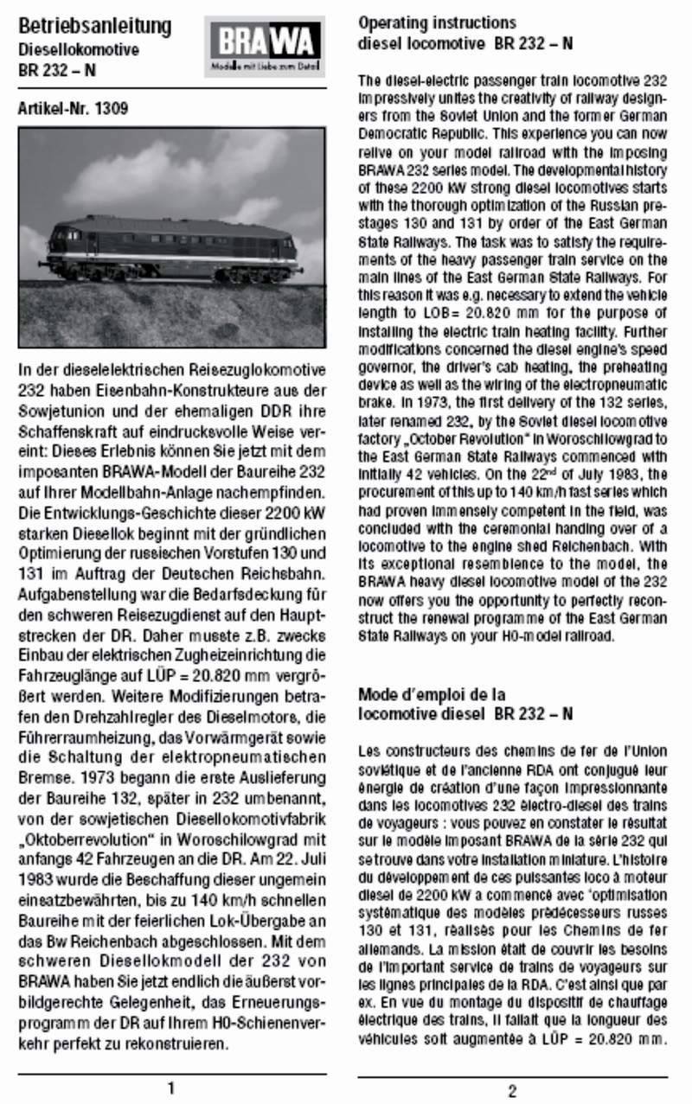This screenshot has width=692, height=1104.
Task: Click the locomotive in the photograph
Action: (174, 250)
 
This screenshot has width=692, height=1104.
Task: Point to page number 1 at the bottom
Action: (171, 1087)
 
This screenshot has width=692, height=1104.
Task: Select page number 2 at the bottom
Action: (512, 1090)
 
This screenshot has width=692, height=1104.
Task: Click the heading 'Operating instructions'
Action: (437, 22)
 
